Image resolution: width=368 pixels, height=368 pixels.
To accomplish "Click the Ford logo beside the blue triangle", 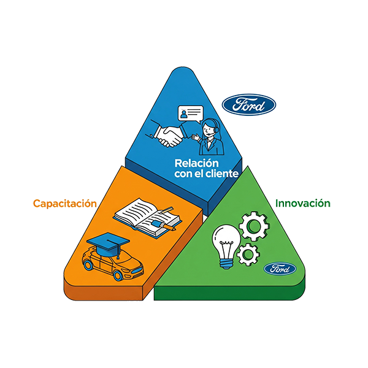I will (x=249, y=105).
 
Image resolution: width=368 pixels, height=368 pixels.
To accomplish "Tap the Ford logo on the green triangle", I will (x=281, y=268).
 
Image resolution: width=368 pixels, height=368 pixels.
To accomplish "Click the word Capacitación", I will (x=66, y=202).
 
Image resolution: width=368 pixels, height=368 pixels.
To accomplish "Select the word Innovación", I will (x=303, y=202).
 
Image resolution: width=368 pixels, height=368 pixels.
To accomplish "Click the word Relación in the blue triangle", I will (x=196, y=164).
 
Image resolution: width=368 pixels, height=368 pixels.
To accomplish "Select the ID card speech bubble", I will (x=190, y=114).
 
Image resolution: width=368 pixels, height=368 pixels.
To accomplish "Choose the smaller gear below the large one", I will (x=247, y=252).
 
